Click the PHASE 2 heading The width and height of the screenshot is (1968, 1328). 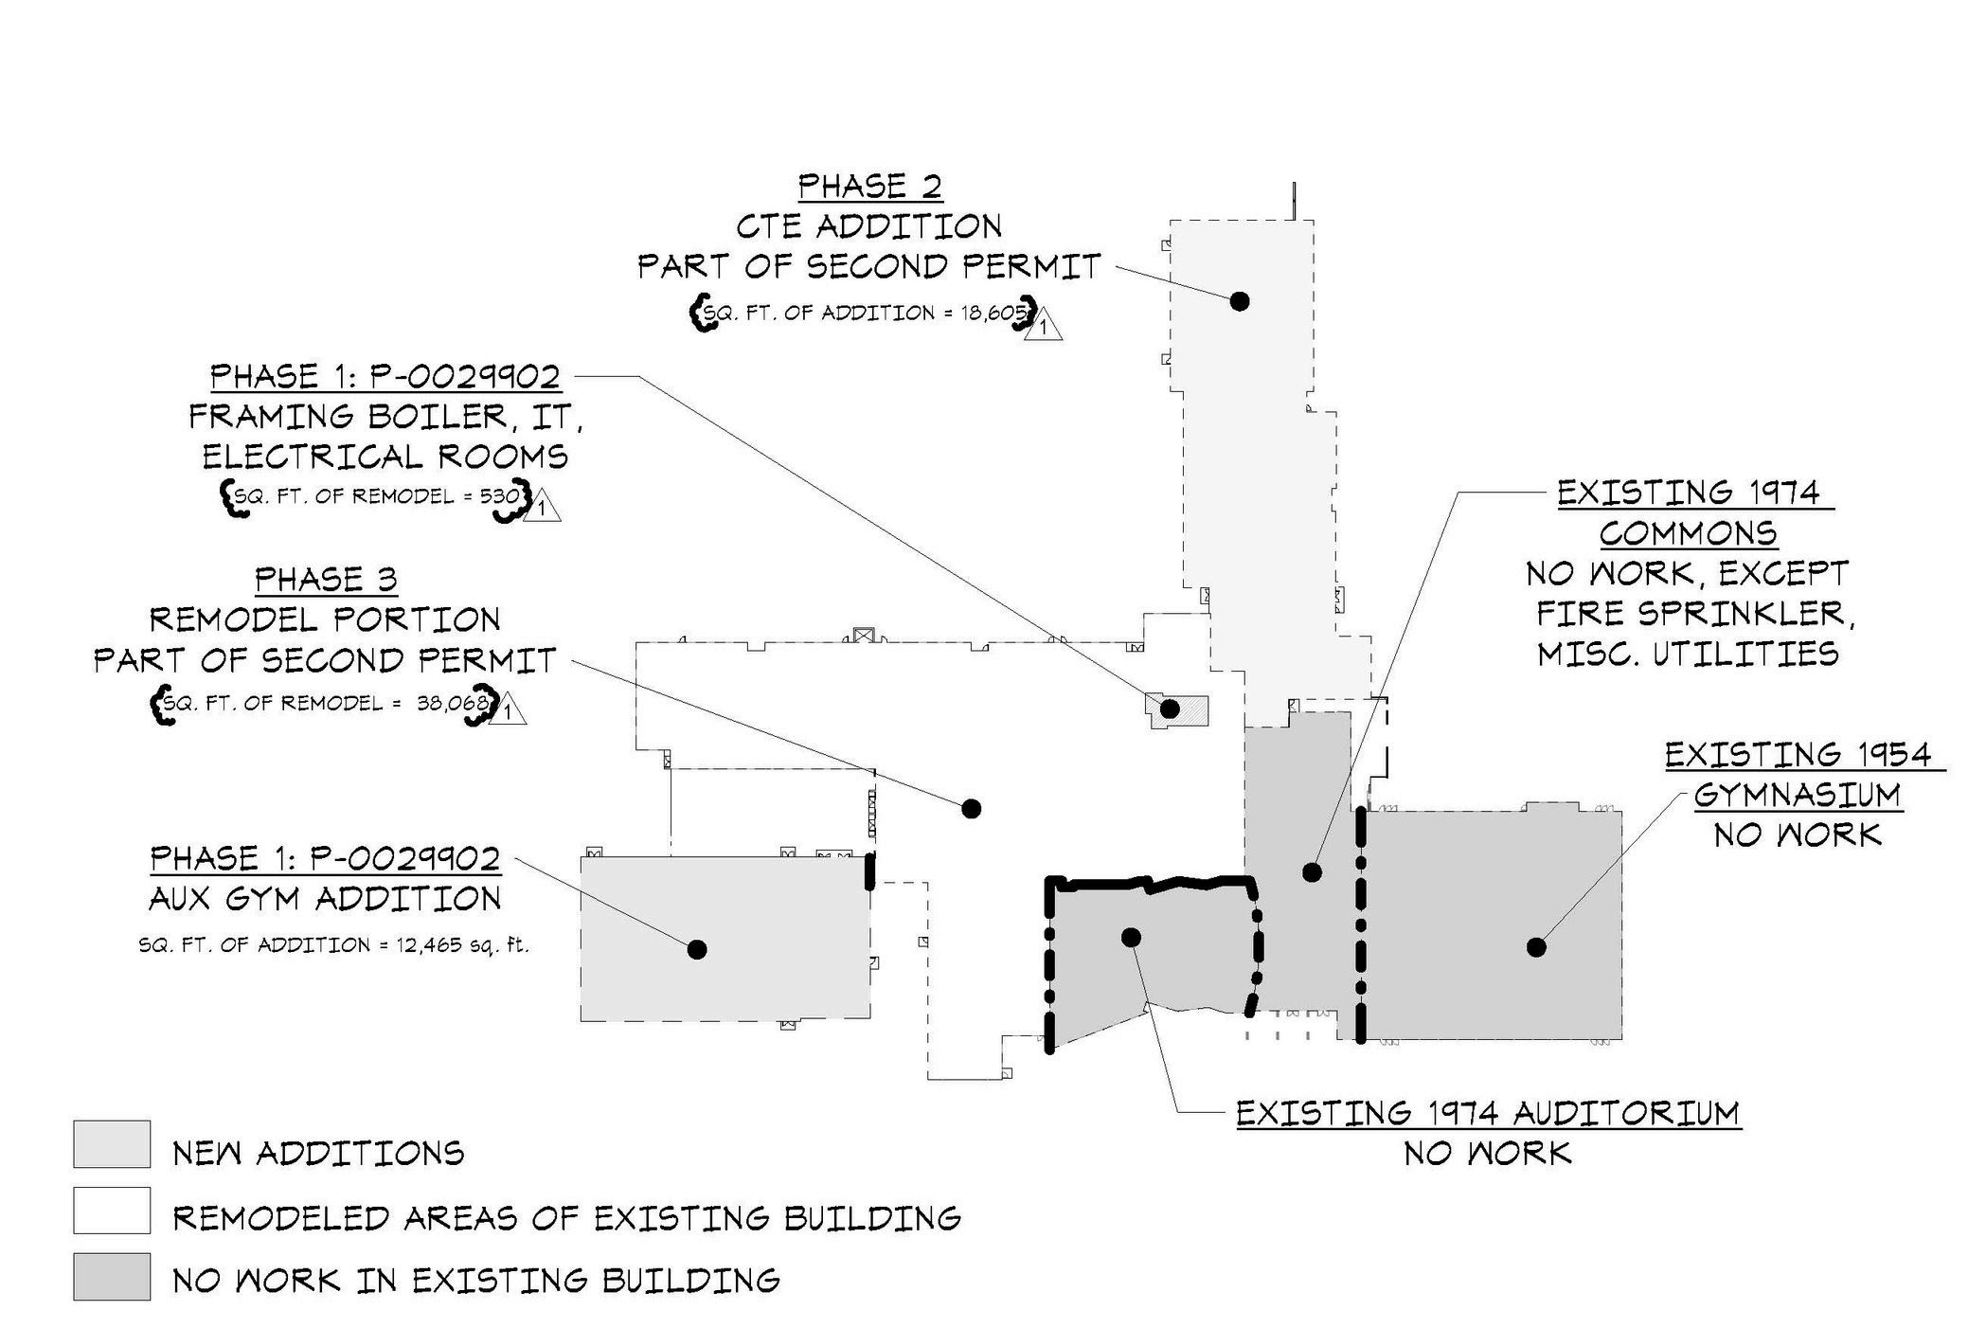(869, 187)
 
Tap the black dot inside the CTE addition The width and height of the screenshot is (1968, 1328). (1239, 301)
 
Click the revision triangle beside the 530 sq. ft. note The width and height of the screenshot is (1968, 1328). (541, 507)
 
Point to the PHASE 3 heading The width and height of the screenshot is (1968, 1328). (326, 580)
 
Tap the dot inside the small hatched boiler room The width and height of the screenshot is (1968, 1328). (1170, 709)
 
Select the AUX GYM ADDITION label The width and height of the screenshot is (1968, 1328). (325, 899)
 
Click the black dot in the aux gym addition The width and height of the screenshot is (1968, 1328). (697, 949)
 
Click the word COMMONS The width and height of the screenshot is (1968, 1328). (1688, 534)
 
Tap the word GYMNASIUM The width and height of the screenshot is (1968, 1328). (1797, 796)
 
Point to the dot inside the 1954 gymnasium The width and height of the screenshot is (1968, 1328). (1536, 946)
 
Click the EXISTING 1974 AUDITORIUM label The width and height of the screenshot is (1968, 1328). (1488, 1114)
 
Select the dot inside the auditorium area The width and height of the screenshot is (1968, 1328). (1131, 938)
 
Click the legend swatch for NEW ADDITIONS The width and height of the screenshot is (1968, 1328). (112, 1144)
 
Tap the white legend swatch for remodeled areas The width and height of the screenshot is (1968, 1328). (112, 1211)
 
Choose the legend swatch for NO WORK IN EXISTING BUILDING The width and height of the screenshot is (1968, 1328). (112, 1277)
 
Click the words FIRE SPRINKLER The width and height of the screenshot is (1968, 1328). (1694, 615)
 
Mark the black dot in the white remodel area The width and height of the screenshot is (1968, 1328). (971, 808)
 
